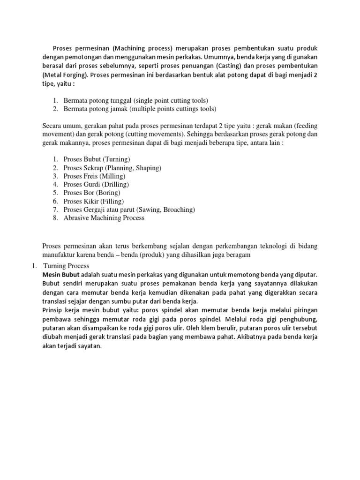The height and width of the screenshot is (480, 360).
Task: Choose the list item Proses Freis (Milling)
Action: (94, 176)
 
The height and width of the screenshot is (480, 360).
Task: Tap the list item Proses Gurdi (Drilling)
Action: (96, 185)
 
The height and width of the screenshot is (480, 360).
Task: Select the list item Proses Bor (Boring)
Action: (92, 193)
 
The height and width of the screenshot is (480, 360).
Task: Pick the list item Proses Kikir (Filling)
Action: (93, 201)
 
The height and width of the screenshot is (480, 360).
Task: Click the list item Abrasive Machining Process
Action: (104, 218)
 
